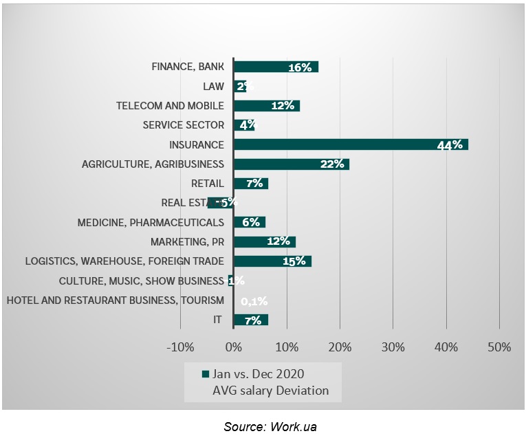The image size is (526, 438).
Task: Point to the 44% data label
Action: [450, 145]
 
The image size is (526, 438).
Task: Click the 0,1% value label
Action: [254, 300]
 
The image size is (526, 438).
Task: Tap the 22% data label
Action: [331, 164]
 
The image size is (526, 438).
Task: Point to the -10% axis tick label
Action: [181, 347]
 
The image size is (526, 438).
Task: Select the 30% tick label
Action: [393, 347]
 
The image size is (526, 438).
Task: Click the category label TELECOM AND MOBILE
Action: [170, 106]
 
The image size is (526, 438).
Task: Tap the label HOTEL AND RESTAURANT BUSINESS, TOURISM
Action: [115, 300]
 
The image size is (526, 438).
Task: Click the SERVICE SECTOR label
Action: [184, 125]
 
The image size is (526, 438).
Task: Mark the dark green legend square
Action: [204, 374]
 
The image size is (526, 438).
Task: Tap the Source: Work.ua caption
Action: [270, 427]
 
